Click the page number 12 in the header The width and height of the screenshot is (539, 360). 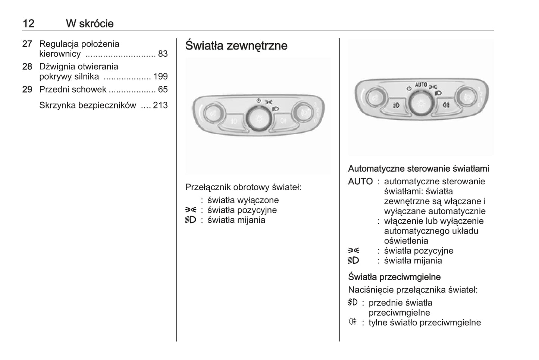[x=28, y=24]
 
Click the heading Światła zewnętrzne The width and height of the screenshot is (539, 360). [x=236, y=46]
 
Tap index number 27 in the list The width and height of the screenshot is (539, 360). [x=27, y=44]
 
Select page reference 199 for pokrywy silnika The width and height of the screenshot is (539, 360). [x=160, y=77]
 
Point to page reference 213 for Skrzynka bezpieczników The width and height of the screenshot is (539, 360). [x=160, y=106]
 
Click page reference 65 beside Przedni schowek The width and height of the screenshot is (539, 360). [x=163, y=90]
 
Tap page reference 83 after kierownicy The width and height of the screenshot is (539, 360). [x=163, y=54]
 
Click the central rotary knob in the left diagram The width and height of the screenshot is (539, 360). [x=258, y=119]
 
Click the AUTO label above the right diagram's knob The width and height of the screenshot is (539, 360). [x=421, y=85]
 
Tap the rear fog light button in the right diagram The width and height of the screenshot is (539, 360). [x=446, y=105]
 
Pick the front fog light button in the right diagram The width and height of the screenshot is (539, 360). [x=396, y=105]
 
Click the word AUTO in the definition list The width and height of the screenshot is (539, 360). [x=360, y=182]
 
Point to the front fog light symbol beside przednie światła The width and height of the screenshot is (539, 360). [x=352, y=302]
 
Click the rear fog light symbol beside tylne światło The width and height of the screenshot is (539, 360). [x=352, y=322]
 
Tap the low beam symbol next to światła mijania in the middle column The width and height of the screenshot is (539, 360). [x=191, y=220]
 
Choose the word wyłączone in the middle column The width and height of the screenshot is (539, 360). [x=260, y=200]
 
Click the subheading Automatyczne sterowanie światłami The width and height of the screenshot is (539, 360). [x=419, y=169]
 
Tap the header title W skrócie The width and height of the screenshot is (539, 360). [x=90, y=24]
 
